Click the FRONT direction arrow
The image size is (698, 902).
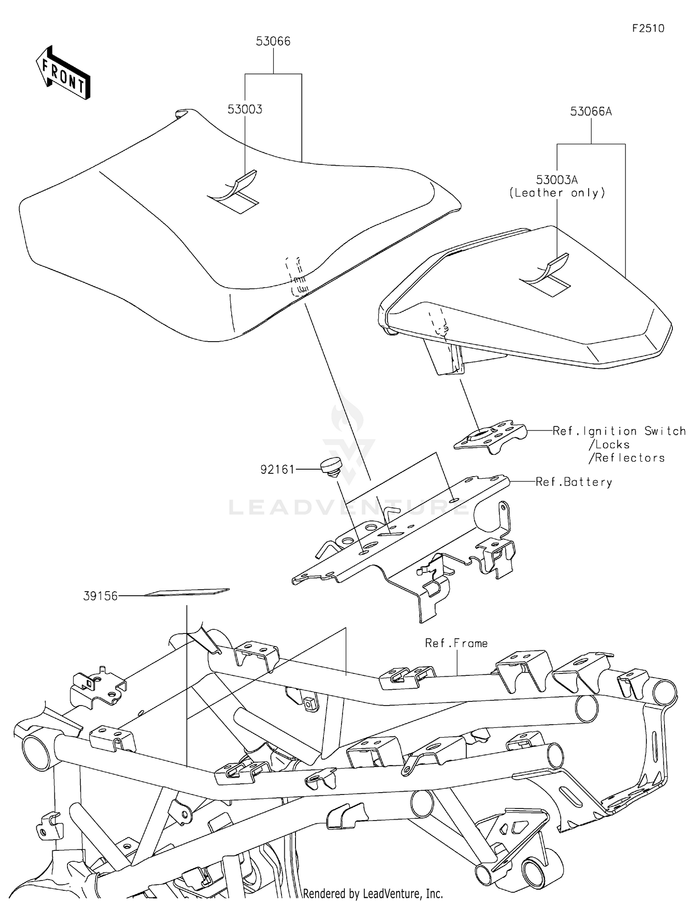(x=63, y=74)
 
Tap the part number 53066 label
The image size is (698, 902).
(x=273, y=41)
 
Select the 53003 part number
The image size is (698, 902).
(x=245, y=109)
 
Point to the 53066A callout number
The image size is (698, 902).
(x=591, y=112)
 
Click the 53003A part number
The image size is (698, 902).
(x=557, y=180)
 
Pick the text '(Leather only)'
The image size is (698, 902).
(x=557, y=193)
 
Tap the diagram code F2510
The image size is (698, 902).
(x=648, y=28)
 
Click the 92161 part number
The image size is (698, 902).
(x=277, y=470)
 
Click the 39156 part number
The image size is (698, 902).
(x=101, y=596)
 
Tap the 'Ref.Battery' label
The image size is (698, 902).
(x=574, y=482)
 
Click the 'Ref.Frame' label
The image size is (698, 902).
(x=456, y=643)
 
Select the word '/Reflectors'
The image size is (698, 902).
(x=626, y=458)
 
